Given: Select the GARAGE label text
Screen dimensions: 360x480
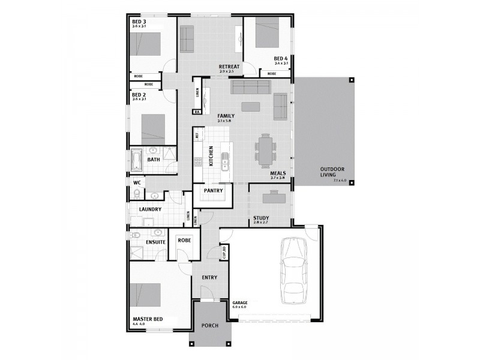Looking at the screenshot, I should point(240,303).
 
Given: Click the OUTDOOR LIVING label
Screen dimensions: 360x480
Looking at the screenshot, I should point(331,172).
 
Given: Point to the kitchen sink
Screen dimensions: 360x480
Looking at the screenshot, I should point(225,161).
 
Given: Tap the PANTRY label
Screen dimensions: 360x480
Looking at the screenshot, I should point(214,191).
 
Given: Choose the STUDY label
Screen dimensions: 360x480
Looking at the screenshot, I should point(260,218).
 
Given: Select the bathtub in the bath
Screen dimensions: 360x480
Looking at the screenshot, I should point(136,160).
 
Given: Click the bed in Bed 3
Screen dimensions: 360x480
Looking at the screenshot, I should point(145,44).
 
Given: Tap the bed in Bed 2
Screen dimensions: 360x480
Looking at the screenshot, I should point(153,127).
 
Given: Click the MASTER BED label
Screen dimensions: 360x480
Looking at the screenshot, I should point(148,319).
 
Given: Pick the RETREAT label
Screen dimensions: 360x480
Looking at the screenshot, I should point(229,67).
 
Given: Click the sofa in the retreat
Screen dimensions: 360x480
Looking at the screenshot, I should point(187,39).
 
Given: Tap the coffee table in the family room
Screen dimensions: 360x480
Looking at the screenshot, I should point(250,107).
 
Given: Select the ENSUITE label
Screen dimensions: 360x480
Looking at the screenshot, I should point(155,241).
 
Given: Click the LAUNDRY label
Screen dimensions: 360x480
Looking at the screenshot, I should point(150,209).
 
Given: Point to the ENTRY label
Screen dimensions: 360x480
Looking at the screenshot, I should point(209,277).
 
